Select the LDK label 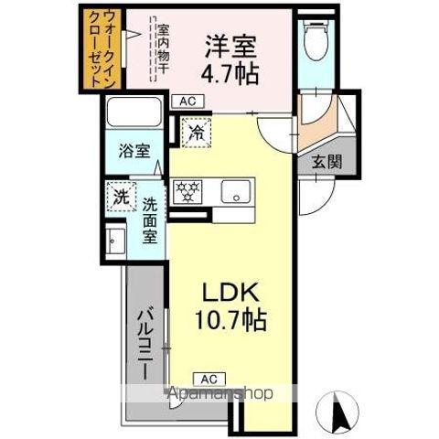pos(230,294)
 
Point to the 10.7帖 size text pos(230,322)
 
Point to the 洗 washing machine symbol pos(120,195)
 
